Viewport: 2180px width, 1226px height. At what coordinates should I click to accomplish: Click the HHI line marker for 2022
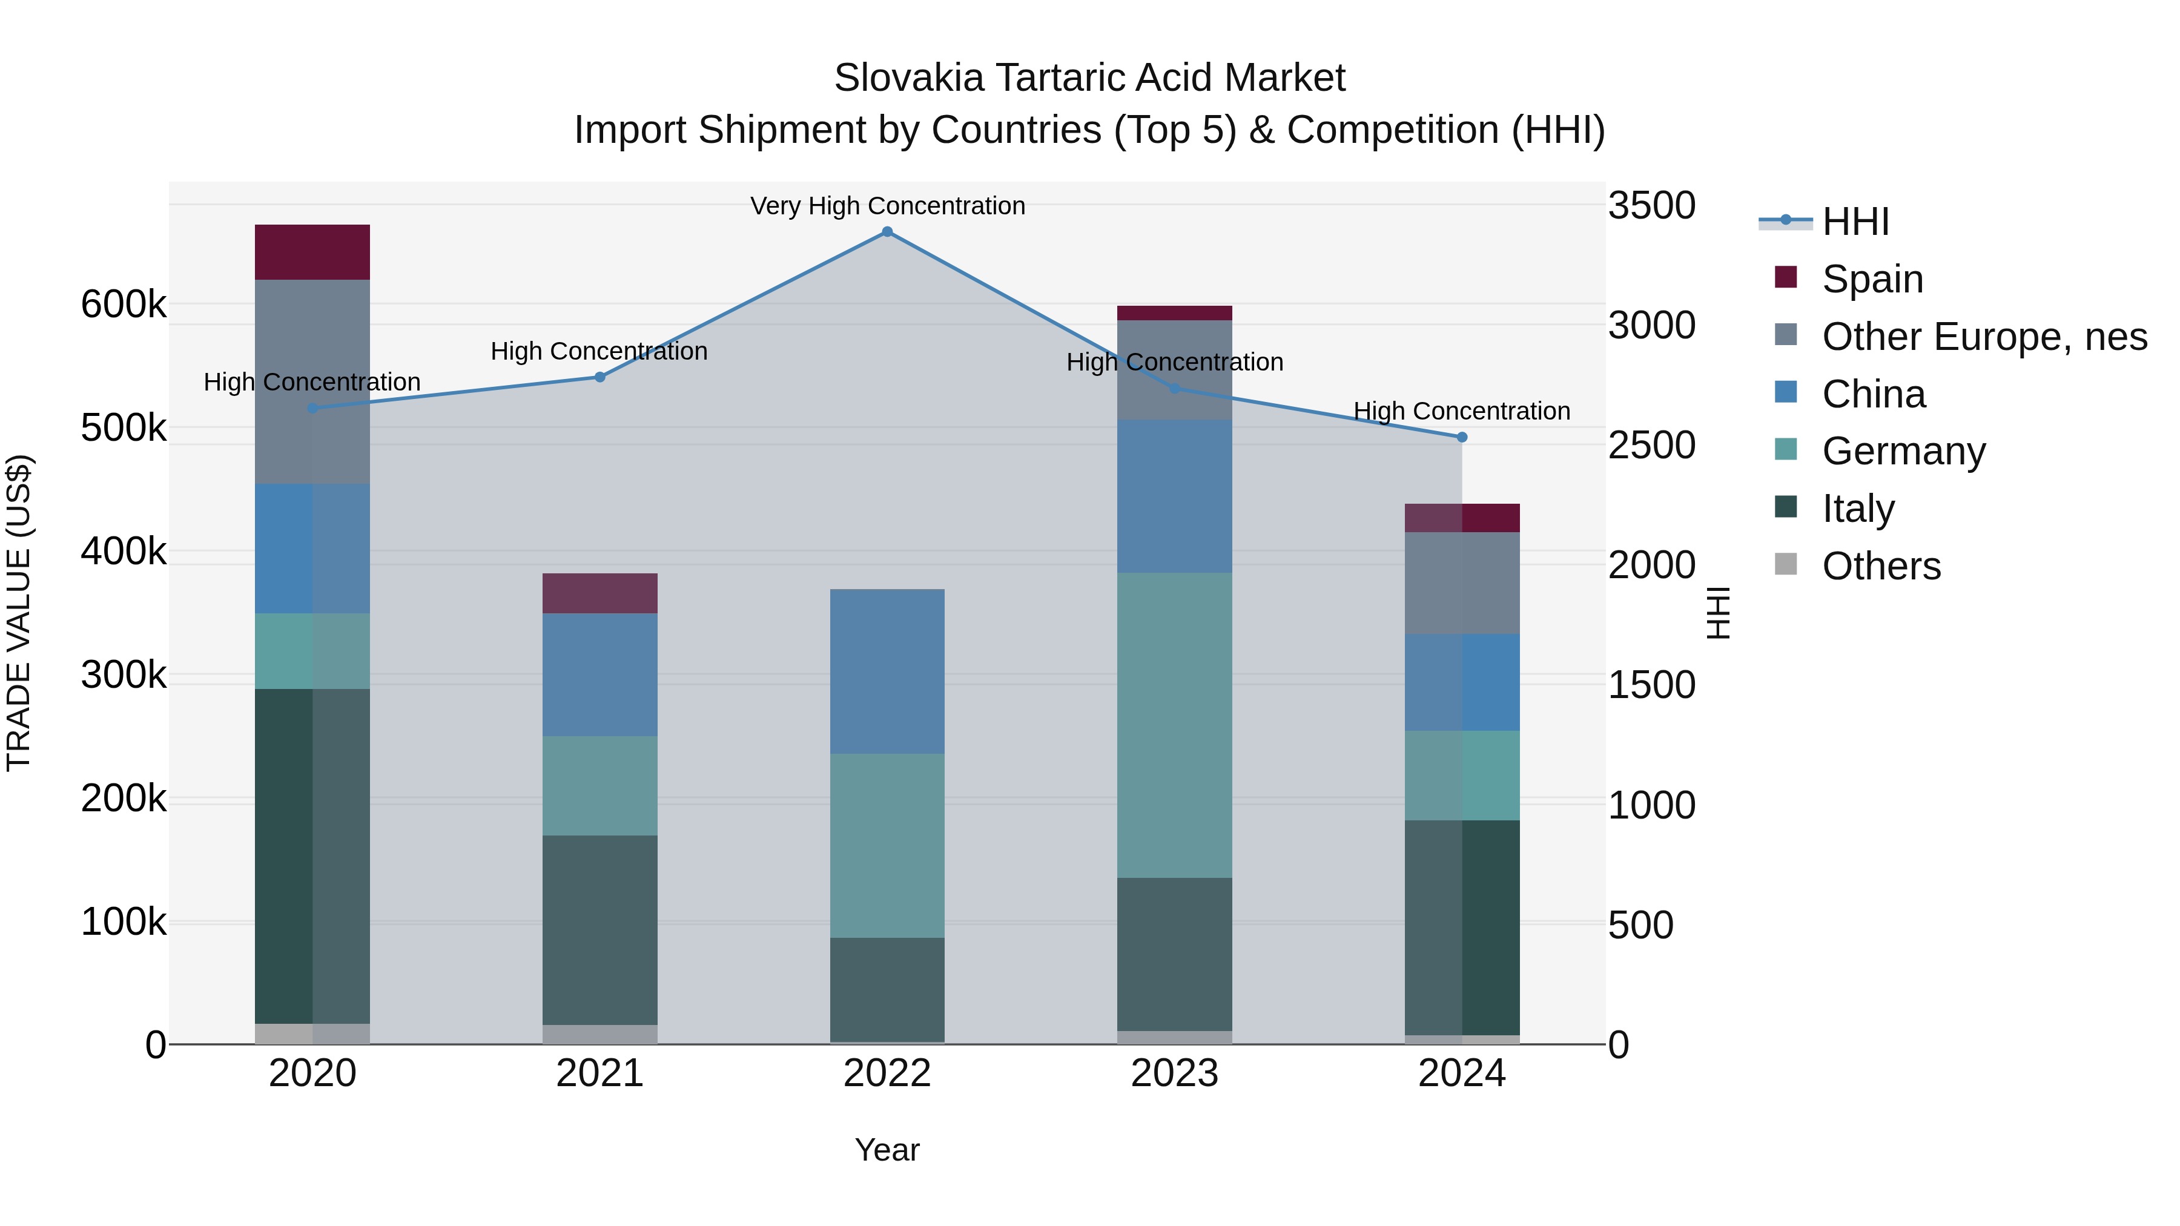pos(887,232)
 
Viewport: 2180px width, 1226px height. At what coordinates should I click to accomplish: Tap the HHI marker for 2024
pos(1462,438)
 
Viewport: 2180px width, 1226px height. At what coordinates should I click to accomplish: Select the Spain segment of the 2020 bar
pos(312,252)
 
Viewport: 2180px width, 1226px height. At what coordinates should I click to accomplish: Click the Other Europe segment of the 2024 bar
pos(1462,583)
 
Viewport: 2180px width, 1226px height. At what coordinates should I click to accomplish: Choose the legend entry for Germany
pos(1903,451)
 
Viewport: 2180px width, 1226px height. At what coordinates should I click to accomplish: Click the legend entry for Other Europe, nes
pos(1984,337)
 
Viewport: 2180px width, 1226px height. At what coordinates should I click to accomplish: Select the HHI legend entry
pos(1855,222)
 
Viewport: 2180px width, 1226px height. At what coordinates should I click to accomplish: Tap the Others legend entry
pos(1880,566)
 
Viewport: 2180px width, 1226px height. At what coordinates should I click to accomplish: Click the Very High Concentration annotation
pos(887,206)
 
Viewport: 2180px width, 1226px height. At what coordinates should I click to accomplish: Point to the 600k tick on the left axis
pos(124,305)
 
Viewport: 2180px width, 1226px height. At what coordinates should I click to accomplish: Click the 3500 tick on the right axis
pos(1651,206)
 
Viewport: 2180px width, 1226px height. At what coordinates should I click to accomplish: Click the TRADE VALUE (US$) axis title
pos(19,613)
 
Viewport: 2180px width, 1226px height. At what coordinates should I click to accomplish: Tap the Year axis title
pos(887,1150)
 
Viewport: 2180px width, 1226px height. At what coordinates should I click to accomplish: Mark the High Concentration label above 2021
pos(599,351)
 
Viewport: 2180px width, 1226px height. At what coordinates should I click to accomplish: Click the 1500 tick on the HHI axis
pos(1651,685)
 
